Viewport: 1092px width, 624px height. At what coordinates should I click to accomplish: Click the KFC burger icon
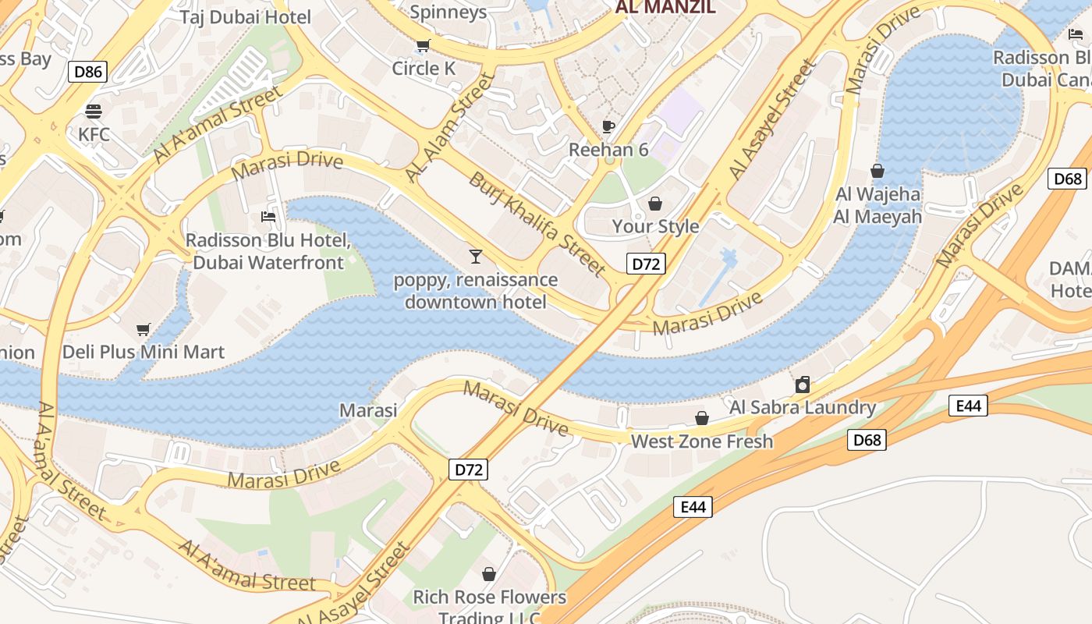(x=94, y=112)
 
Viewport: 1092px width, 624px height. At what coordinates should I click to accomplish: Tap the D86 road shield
(x=87, y=73)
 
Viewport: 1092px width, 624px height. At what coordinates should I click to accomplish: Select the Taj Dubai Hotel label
(x=245, y=17)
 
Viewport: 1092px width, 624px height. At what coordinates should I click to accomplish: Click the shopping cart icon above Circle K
(x=423, y=46)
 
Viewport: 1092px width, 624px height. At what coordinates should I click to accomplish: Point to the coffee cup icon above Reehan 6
(x=608, y=126)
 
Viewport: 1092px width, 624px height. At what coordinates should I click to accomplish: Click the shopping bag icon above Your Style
(x=655, y=204)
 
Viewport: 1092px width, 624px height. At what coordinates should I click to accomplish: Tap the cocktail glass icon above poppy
(x=476, y=256)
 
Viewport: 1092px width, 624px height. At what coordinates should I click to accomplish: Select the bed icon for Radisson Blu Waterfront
(x=268, y=216)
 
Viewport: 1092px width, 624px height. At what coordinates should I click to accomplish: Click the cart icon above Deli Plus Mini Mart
(x=143, y=329)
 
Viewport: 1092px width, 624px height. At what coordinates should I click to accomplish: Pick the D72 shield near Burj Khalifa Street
(x=646, y=264)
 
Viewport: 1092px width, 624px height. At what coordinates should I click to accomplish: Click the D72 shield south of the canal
(x=469, y=469)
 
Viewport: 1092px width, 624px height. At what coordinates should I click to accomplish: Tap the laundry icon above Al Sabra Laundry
(x=802, y=384)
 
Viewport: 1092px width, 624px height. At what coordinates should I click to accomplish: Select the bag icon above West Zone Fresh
(x=702, y=419)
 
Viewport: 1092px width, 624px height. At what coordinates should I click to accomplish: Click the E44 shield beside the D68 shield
(x=968, y=406)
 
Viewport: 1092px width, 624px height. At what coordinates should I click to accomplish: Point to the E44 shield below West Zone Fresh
(x=693, y=507)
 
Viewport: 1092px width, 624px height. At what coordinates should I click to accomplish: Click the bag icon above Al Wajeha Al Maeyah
(x=877, y=171)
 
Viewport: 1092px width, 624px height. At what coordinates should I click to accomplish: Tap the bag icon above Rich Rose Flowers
(x=489, y=575)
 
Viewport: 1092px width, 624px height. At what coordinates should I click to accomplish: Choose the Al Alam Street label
(x=450, y=128)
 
